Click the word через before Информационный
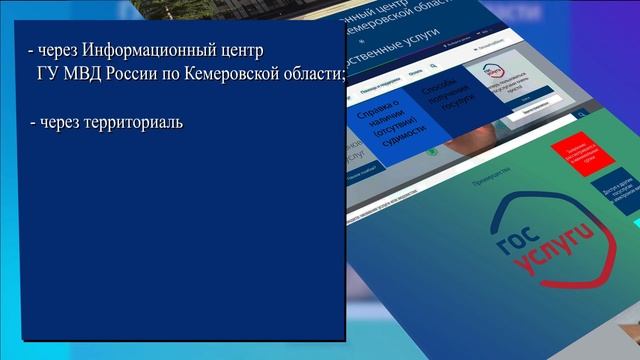tap(57, 50)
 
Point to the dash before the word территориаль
tap(32, 123)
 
